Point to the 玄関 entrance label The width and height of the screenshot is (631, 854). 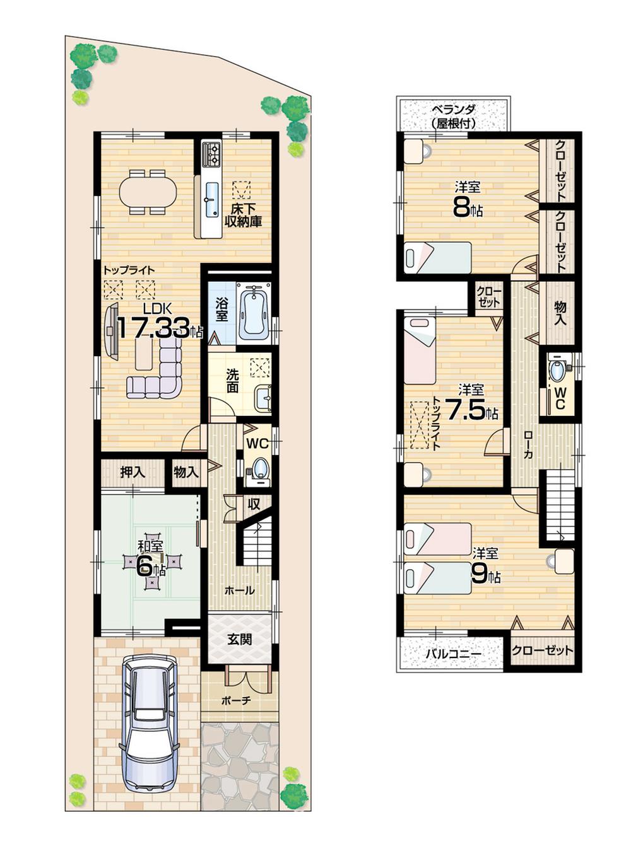tap(240, 639)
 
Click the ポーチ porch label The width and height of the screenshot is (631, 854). tap(237, 700)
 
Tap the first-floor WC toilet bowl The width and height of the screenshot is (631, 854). tap(259, 468)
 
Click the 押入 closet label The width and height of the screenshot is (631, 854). tap(133, 471)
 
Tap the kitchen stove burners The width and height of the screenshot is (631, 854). tap(211, 154)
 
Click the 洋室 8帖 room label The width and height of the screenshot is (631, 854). tap(468, 199)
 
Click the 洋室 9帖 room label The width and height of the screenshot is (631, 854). tap(485, 565)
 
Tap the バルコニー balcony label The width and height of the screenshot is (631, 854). tap(452, 654)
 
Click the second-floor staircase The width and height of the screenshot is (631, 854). tap(560, 502)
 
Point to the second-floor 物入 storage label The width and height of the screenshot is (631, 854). tap(560, 313)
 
